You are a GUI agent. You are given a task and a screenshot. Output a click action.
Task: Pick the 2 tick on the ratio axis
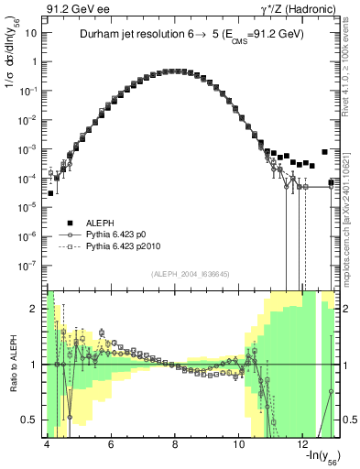(34, 309)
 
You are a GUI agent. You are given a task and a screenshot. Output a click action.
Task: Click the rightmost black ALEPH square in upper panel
(324, 152)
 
